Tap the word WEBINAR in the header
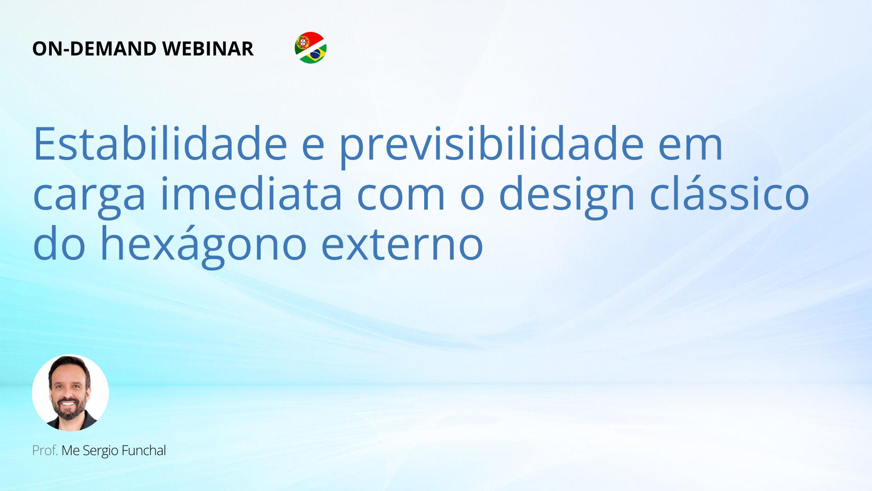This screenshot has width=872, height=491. pyautogui.click(x=208, y=49)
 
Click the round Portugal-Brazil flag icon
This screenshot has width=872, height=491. pyautogui.click(x=311, y=48)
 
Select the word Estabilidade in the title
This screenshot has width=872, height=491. pyautogui.click(x=160, y=144)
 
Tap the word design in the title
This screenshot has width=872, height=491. pyautogui.click(x=567, y=196)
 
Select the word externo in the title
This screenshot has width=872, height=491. pyautogui.click(x=402, y=244)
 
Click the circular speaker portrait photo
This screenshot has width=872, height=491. pyautogui.click(x=70, y=393)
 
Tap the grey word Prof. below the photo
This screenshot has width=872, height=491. pyautogui.click(x=45, y=451)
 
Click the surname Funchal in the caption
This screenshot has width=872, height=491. pyautogui.click(x=144, y=451)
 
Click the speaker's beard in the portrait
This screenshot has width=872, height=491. pyautogui.click(x=69, y=409)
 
